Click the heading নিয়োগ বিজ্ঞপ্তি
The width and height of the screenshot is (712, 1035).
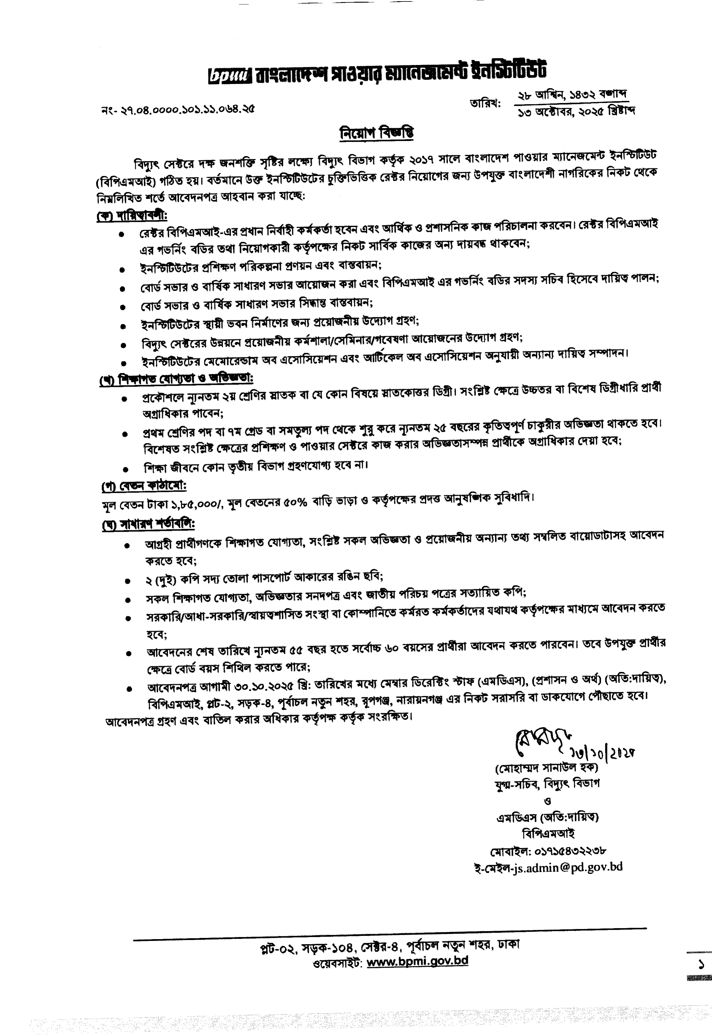click(x=377, y=133)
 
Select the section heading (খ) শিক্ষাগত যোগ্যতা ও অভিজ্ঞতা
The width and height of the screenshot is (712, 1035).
click(x=176, y=379)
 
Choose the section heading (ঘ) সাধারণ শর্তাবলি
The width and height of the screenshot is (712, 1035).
click(x=149, y=524)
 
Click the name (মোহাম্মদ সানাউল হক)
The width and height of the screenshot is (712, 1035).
click(x=546, y=768)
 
